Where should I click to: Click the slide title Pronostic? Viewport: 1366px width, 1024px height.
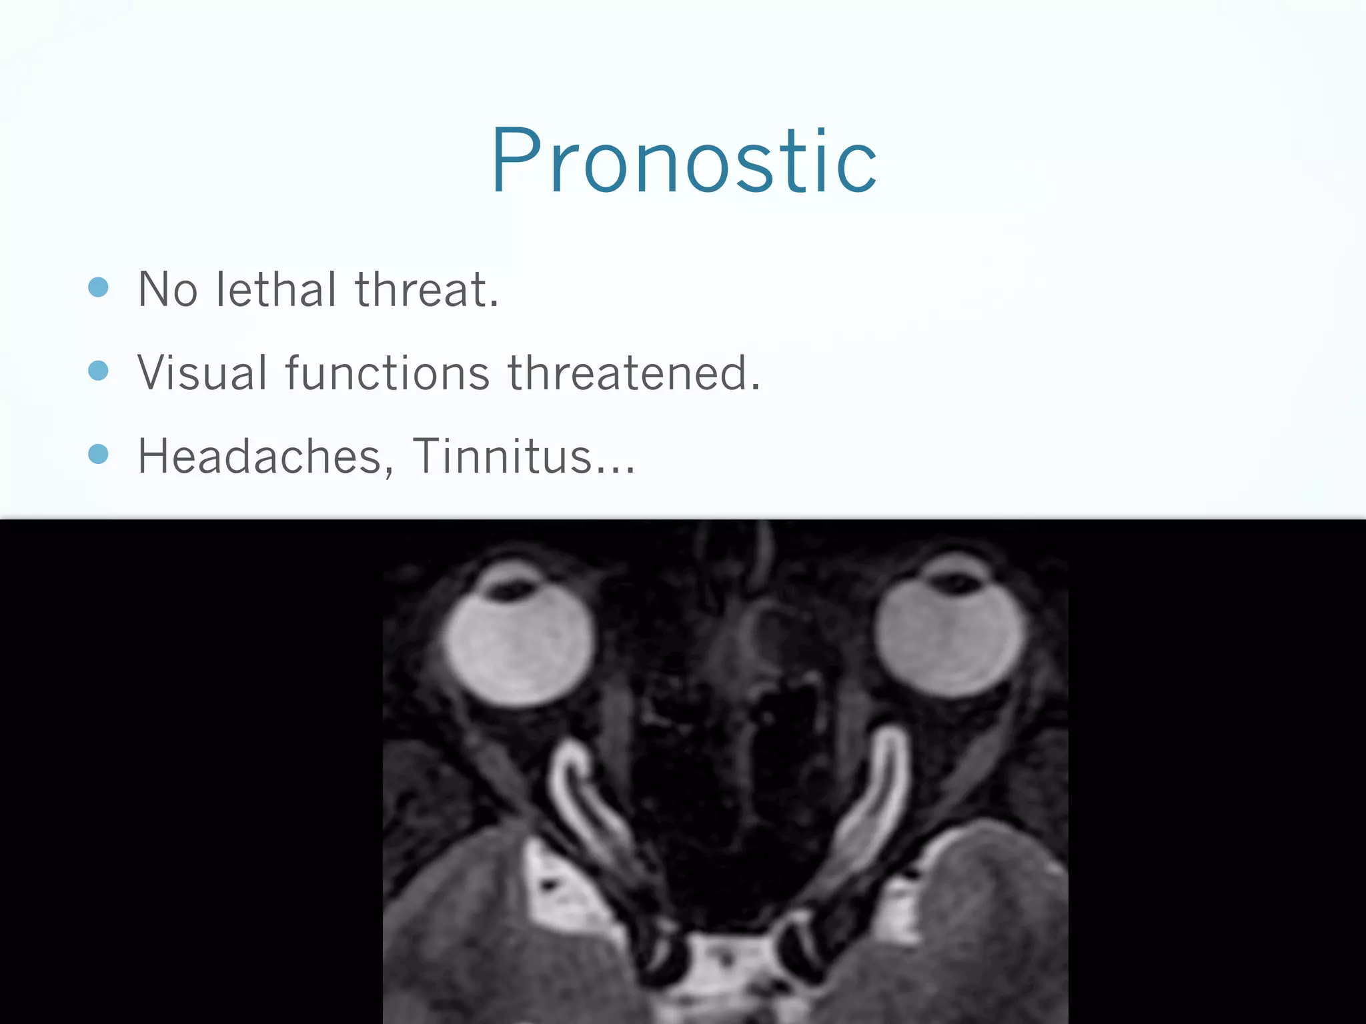684,161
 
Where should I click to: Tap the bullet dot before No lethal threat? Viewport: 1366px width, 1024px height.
98,287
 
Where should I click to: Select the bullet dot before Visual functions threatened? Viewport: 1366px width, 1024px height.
98,371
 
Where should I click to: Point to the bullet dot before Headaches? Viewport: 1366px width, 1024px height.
98,454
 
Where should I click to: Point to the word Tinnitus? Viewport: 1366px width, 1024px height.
502,457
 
